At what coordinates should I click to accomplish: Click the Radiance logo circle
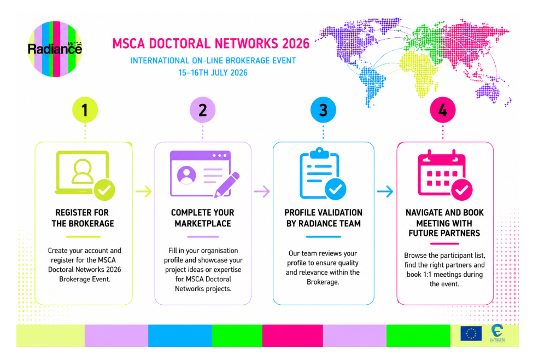tap(55, 49)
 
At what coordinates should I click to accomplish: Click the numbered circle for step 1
tap(85, 110)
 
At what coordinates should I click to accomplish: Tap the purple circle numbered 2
tap(203, 110)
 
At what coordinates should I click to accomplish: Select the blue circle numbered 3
tap(323, 110)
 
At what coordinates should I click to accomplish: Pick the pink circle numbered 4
tap(443, 110)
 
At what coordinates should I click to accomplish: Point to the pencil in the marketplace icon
tap(227, 185)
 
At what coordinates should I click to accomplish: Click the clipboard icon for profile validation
tap(320, 173)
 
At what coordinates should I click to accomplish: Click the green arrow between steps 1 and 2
tap(143, 191)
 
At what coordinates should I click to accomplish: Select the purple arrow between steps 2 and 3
tap(262, 191)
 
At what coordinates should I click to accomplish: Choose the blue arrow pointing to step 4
tap(385, 191)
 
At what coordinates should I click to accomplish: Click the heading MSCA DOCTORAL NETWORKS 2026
tap(211, 44)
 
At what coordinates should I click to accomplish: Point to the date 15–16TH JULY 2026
tap(213, 73)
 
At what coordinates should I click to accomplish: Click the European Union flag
tap(471, 333)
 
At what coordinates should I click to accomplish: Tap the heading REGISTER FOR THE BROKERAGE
tap(83, 218)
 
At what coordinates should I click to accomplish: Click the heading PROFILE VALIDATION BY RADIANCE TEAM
tap(323, 218)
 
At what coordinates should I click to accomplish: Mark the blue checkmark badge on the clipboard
tap(336, 189)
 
